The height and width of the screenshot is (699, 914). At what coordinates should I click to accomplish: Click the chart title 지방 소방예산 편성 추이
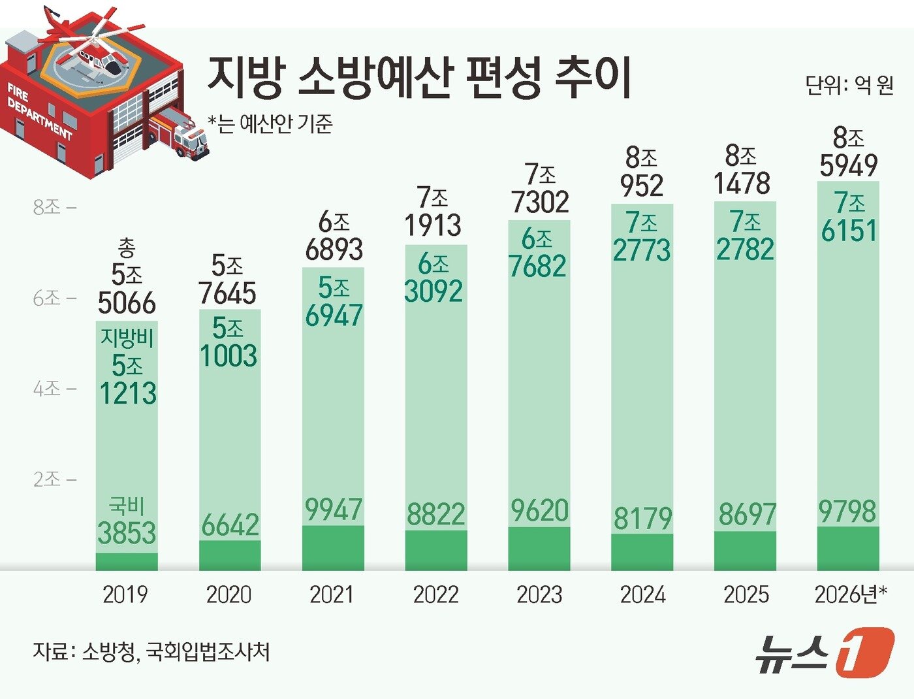click(419, 77)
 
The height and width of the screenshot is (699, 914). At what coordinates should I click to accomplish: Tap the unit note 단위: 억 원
click(849, 85)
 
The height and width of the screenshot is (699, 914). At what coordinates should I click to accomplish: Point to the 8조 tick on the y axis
click(54, 208)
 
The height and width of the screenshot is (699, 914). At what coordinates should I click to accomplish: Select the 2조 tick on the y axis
click(54, 480)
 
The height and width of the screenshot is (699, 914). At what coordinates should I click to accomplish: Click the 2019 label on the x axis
click(125, 594)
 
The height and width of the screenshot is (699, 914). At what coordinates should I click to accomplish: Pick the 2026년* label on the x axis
click(850, 594)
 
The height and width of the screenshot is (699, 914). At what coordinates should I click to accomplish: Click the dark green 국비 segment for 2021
click(333, 547)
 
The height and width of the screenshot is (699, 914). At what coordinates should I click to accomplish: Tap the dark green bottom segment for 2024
click(642, 552)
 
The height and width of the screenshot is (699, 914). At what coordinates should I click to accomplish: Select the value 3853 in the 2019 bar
click(127, 532)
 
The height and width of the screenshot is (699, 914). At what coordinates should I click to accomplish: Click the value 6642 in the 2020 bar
click(230, 525)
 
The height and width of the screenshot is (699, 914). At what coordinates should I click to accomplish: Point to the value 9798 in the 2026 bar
click(847, 512)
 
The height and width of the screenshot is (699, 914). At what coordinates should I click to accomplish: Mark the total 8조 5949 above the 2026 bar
click(849, 152)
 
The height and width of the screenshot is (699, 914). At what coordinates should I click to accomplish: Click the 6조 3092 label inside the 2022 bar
click(433, 278)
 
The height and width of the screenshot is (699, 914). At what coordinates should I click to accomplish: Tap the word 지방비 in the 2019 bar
click(127, 338)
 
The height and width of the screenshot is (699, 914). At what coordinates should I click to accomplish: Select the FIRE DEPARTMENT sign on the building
click(39, 111)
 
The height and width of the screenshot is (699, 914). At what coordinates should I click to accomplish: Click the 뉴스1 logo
click(824, 651)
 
